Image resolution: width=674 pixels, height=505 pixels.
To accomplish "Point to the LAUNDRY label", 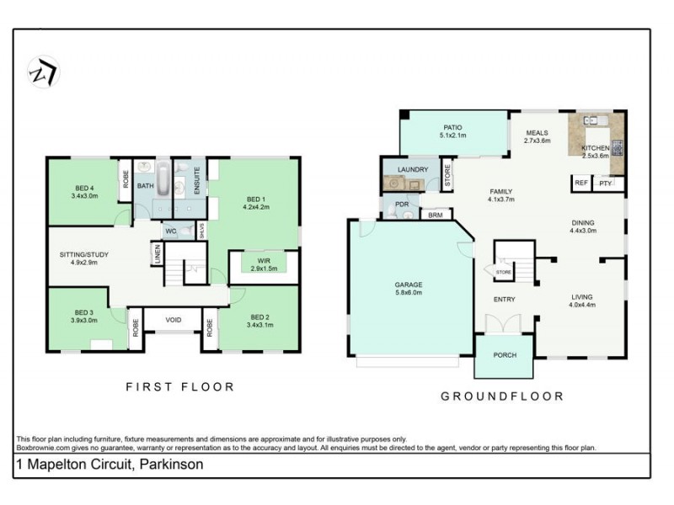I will coord(412,169).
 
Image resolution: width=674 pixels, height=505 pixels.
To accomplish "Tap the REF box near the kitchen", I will coord(580,183).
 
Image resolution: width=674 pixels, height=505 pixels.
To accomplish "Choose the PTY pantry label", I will coord(604,183).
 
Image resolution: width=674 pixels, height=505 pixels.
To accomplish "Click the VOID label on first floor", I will coord(174,320).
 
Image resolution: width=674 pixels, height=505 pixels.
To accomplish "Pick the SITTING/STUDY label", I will coord(83,258).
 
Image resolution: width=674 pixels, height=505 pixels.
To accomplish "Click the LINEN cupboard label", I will coord(157,252).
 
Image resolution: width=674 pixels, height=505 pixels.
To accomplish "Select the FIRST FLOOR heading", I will coord(179,387).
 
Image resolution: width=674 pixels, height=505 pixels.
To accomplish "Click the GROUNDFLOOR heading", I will coord(502,396).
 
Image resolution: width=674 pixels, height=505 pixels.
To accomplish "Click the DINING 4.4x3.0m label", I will coord(583,226).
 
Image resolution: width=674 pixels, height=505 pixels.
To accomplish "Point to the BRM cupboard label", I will coord(435,215).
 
